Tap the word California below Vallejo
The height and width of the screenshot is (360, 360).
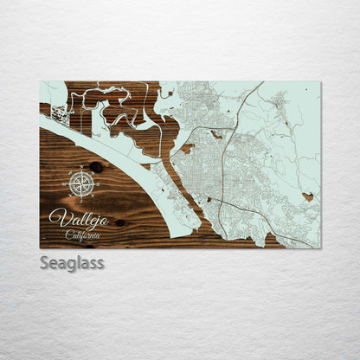83,235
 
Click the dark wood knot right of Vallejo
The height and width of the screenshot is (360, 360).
119,222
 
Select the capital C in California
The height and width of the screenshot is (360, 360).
68,235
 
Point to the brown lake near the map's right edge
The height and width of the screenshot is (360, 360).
308,197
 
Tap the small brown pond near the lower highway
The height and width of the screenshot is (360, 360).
207,200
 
